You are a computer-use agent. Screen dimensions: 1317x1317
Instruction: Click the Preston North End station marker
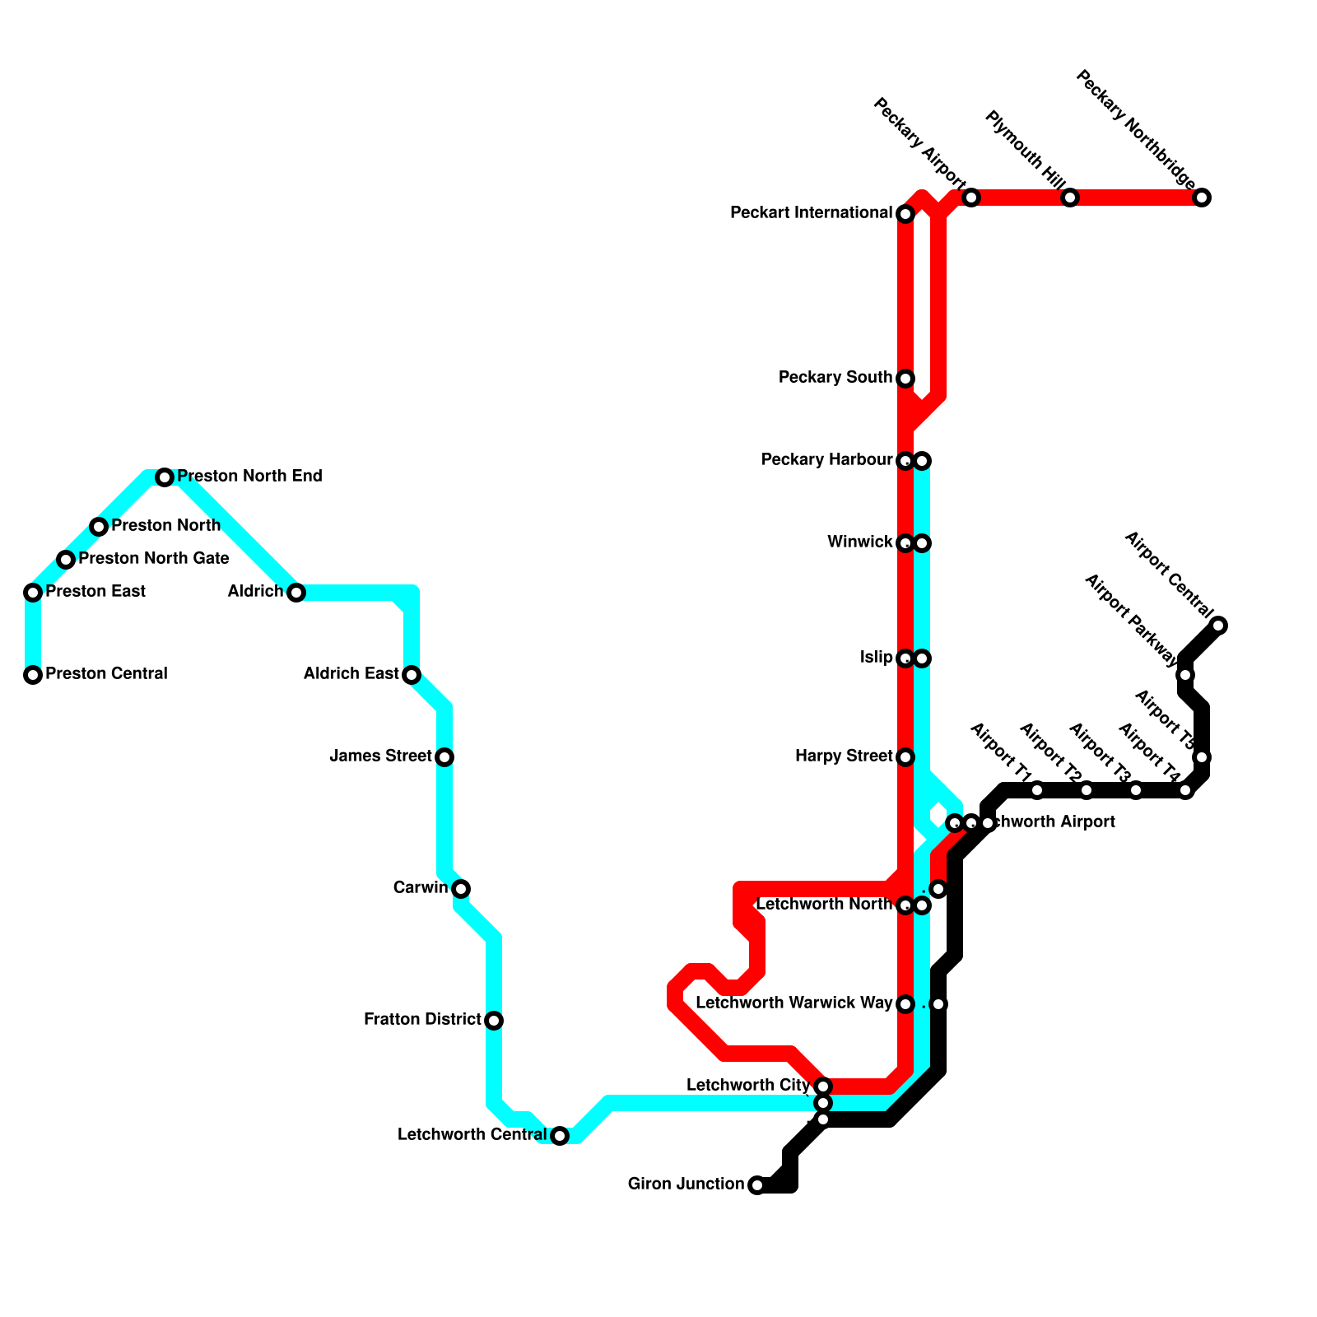(165, 477)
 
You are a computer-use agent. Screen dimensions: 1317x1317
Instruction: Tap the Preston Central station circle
(33, 675)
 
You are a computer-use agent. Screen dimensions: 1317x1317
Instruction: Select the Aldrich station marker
(296, 593)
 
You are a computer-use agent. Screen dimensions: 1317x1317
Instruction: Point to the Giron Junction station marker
(757, 1185)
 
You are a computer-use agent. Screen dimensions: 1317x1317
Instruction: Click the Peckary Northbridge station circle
(1202, 198)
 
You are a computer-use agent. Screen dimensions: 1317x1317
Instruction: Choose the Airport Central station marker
(1219, 626)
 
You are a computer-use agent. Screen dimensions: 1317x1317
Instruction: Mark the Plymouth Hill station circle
(1070, 198)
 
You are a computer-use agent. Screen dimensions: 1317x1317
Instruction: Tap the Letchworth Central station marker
(560, 1136)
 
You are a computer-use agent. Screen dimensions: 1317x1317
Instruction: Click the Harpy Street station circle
(905, 757)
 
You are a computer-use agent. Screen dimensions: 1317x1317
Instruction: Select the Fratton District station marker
(494, 1021)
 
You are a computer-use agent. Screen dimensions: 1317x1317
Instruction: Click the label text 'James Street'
(380, 756)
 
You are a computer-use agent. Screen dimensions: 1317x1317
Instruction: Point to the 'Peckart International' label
(811, 213)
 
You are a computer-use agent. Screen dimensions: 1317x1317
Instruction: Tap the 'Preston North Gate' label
(154, 559)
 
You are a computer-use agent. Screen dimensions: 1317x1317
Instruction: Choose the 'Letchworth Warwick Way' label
(793, 1003)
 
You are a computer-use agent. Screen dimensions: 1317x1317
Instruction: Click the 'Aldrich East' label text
(351, 674)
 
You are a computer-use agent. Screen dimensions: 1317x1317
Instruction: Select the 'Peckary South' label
(835, 378)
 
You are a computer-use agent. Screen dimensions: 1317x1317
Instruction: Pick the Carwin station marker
(461, 889)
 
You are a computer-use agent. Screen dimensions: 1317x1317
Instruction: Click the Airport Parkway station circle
(1185, 675)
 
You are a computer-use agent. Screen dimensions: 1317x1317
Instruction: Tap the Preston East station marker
(33, 593)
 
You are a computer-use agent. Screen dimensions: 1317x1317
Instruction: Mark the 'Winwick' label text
(859, 542)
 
